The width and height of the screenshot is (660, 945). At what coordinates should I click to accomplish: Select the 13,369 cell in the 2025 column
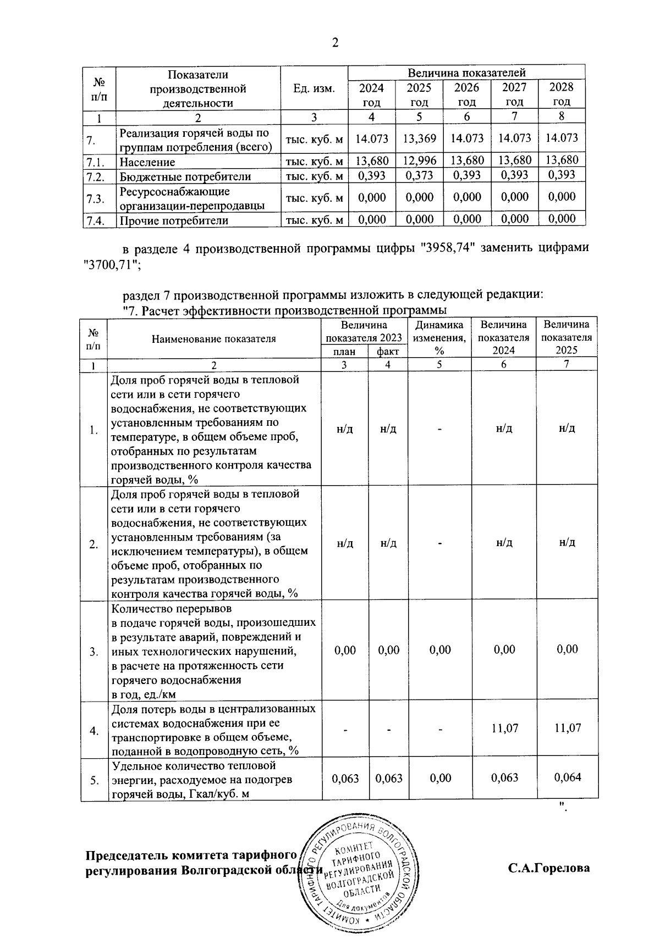pyautogui.click(x=419, y=138)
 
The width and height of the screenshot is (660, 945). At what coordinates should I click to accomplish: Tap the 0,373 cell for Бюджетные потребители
pyautogui.click(x=419, y=175)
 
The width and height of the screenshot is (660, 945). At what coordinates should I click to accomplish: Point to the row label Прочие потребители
pyautogui.click(x=174, y=221)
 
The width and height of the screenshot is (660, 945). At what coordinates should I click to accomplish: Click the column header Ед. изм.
pyautogui.click(x=314, y=88)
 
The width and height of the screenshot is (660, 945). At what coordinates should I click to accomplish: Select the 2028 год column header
pyautogui.click(x=562, y=94)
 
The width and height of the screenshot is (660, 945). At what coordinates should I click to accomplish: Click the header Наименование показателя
pyautogui.click(x=214, y=338)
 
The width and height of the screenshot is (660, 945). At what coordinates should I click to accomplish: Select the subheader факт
pyautogui.click(x=388, y=352)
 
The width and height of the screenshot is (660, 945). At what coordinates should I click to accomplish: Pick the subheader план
pyautogui.click(x=344, y=352)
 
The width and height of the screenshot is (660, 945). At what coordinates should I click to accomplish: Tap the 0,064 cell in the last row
pyautogui.click(x=567, y=777)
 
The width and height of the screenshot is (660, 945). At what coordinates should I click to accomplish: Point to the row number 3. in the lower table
pyautogui.click(x=94, y=652)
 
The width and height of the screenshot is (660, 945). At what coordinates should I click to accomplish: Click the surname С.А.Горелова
pyautogui.click(x=548, y=869)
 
